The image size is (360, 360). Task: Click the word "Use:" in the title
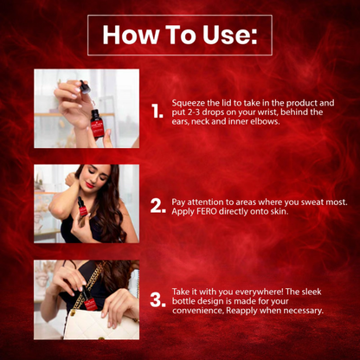coord(229,35)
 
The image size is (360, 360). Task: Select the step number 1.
coord(157,112)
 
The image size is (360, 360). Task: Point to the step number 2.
coord(158,206)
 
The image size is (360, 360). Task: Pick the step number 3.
coord(158,300)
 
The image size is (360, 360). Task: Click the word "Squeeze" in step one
coord(187,103)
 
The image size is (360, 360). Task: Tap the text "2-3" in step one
coord(190,112)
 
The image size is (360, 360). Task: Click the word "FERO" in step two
coord(207,211)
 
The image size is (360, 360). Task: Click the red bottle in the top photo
coord(97,124)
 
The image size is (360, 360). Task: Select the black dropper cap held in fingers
coord(85,87)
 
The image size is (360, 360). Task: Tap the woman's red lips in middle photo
coord(90,184)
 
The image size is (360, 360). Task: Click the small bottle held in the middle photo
coord(82,207)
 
